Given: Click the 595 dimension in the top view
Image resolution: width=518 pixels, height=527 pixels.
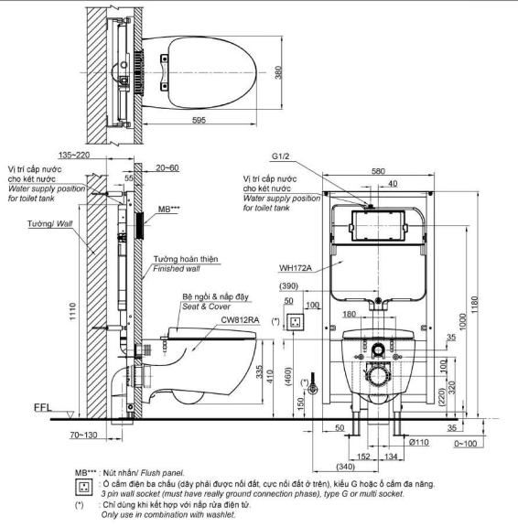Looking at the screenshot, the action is point(199,120).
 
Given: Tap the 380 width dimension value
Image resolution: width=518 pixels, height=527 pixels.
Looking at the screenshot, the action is point(278,72).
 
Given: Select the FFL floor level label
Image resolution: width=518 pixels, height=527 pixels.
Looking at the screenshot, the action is point(43,408).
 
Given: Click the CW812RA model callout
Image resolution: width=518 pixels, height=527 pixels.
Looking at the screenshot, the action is point(240,320).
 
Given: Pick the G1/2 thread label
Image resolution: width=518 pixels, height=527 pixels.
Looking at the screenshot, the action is point(281,156).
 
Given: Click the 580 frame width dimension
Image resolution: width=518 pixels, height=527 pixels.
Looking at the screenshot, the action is point(378,171).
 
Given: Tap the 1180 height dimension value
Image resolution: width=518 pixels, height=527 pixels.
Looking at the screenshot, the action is point(474,305).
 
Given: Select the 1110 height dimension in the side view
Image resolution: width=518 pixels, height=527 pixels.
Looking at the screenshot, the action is point(73,312).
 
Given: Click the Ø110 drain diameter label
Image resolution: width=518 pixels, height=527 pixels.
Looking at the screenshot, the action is point(419,442).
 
